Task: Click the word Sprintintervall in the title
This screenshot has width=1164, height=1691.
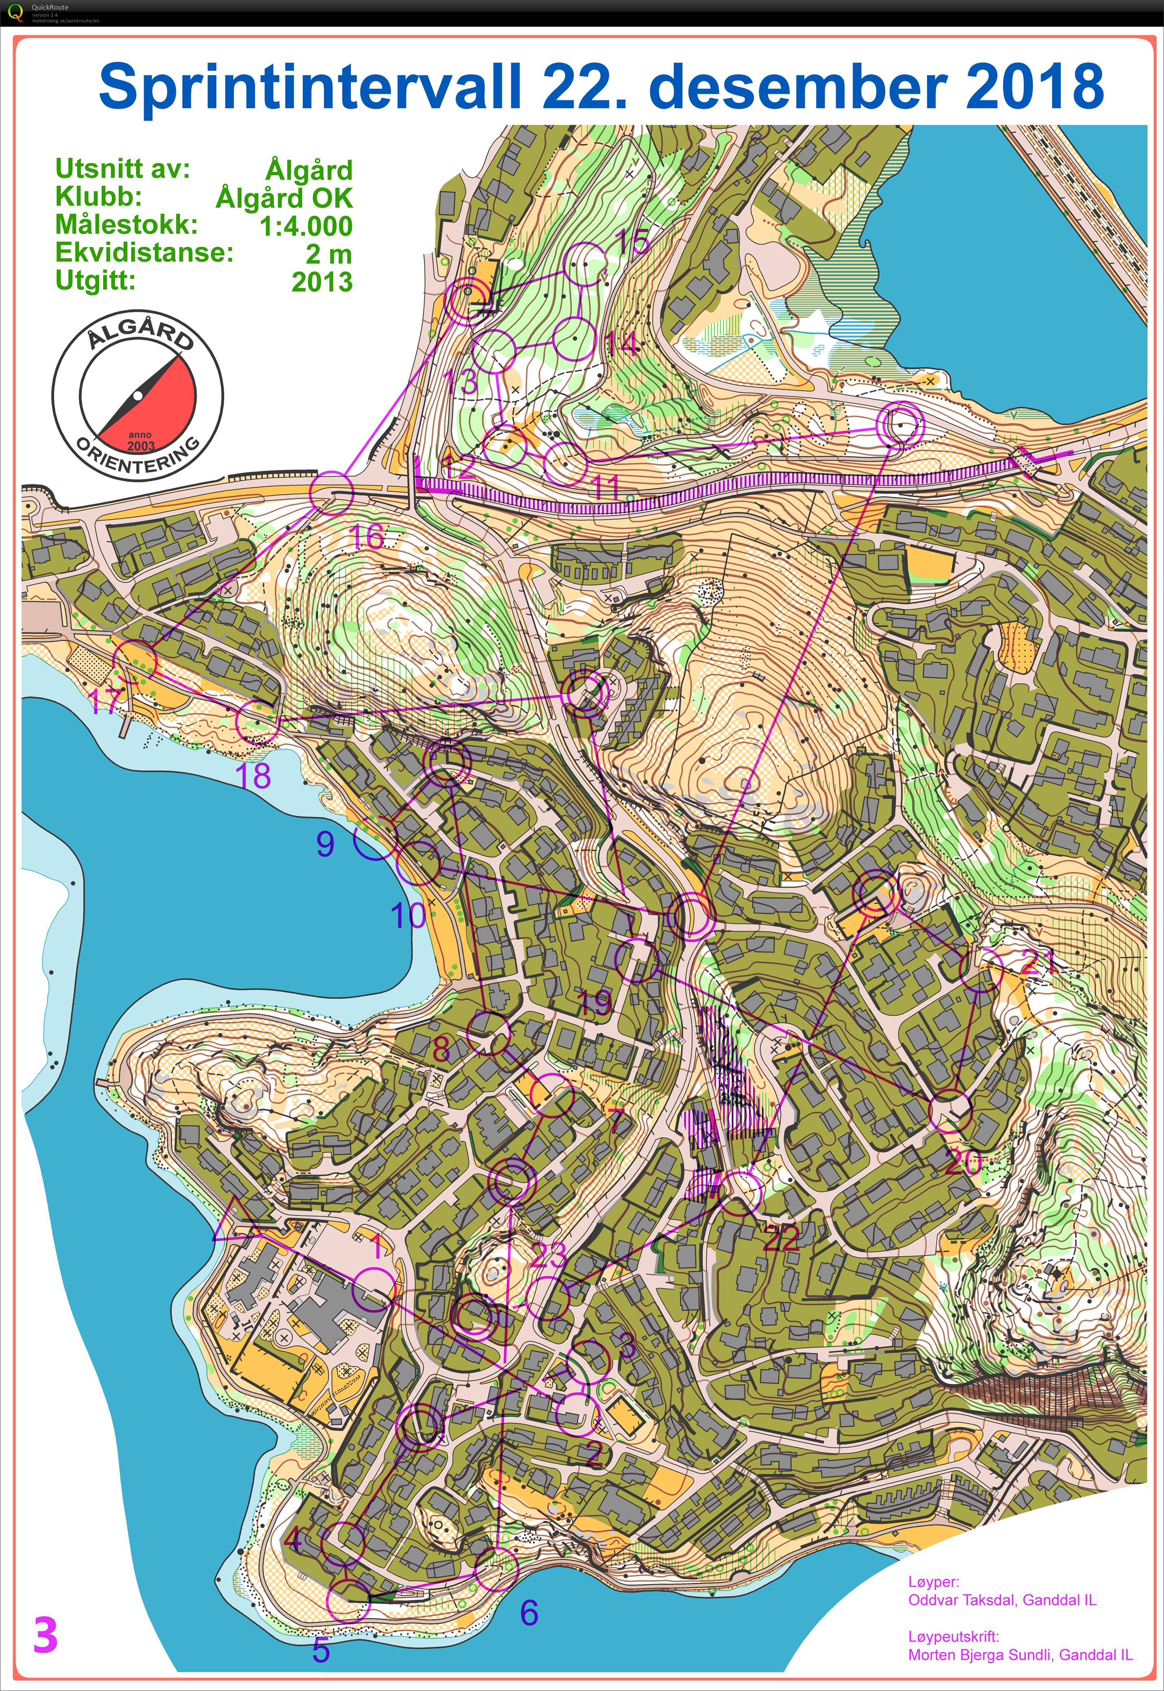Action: tap(311, 86)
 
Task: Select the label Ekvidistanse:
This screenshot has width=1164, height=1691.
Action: tap(144, 253)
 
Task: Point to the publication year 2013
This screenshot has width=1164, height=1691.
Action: tap(321, 282)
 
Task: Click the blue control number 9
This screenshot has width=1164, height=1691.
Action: tap(325, 843)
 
